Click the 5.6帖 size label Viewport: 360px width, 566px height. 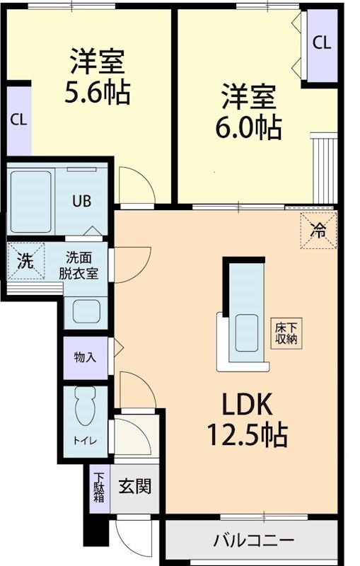(97, 93)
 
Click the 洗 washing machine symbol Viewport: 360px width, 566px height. (25, 261)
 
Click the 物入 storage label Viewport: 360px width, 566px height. (85, 357)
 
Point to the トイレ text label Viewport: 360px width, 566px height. (84, 440)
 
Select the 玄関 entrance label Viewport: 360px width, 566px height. (134, 487)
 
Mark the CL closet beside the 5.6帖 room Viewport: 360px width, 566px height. (18, 120)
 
